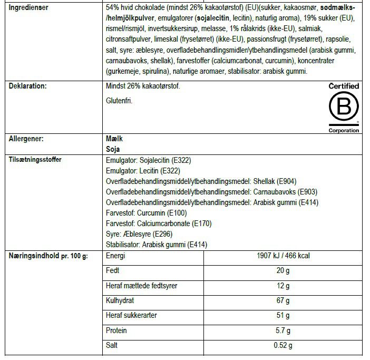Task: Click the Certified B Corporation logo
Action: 344,108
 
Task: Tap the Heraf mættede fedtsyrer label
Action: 142,286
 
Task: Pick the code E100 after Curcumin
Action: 176,212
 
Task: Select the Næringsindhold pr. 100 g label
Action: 48,256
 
